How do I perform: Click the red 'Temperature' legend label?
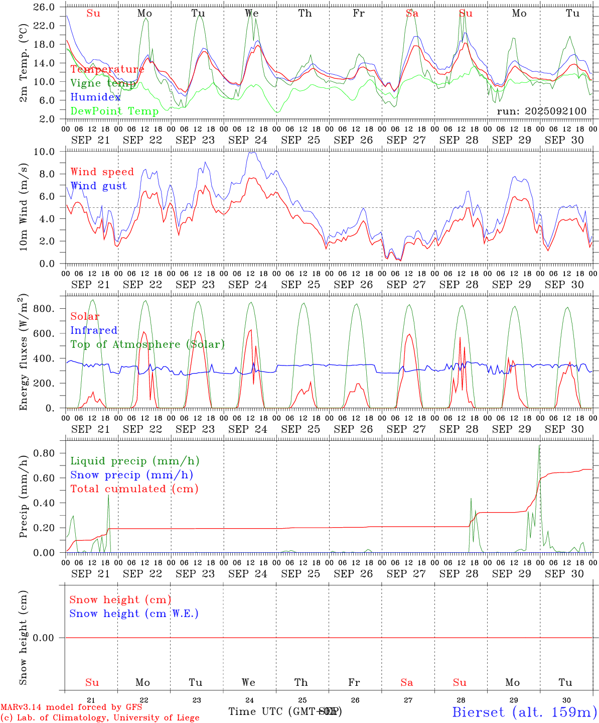pyautogui.click(x=107, y=69)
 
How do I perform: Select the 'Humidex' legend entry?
pyautogui.click(x=95, y=97)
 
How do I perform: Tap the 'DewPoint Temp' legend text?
pyautogui.click(x=114, y=111)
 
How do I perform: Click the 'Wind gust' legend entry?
pyautogui.click(x=98, y=186)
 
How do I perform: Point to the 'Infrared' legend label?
pyautogui.click(x=94, y=330)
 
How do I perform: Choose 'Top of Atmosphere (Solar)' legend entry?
pyautogui.click(x=147, y=344)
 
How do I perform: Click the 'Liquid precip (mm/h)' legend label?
pyautogui.click(x=134, y=461)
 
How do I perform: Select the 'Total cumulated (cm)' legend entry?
pyautogui.click(x=134, y=489)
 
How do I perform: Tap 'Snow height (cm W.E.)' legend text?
pyautogui.click(x=134, y=614)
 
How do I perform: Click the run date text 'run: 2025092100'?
pyautogui.click(x=541, y=111)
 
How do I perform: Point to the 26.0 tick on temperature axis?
pyautogui.click(x=44, y=8)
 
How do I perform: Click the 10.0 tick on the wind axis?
pyautogui.click(x=44, y=152)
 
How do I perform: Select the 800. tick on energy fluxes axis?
pyautogui.click(x=43, y=308)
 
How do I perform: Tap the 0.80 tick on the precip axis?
pyautogui.click(x=44, y=453)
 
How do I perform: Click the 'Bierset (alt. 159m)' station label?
pyautogui.click(x=524, y=711)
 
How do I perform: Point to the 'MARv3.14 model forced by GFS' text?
pyautogui.click(x=71, y=707)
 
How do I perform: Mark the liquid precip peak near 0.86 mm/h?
pyautogui.click(x=539, y=446)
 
